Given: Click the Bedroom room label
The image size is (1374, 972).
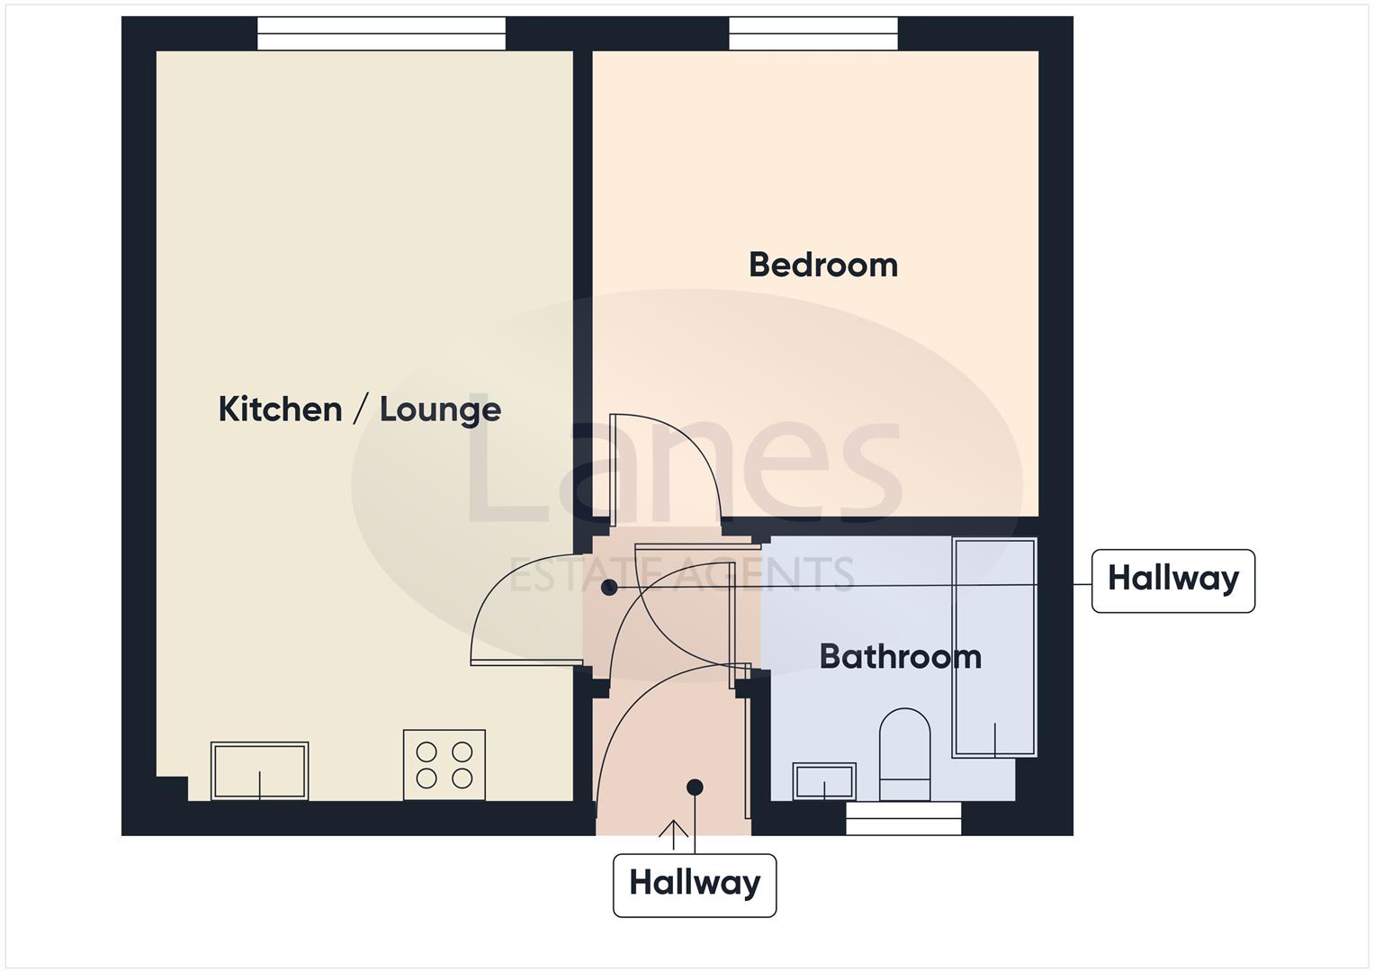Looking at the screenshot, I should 822,265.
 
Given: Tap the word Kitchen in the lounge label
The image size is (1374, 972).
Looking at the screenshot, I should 280,409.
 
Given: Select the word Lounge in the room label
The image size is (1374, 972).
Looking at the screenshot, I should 440,409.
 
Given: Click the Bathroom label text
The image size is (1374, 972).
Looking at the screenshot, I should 900,656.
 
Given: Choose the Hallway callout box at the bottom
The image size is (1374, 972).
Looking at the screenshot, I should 694,885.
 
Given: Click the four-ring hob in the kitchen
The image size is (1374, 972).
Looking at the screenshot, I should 445,764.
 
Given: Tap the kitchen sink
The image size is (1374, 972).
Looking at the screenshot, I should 259,770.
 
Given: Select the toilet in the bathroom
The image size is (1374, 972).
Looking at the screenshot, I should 904,753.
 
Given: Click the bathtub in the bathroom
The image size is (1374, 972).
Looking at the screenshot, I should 994,646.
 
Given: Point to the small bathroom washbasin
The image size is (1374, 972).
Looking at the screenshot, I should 823,780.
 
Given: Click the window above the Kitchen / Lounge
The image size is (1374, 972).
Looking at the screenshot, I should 382,34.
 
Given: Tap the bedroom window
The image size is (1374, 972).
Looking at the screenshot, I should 813,34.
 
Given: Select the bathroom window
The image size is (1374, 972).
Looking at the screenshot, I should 903,818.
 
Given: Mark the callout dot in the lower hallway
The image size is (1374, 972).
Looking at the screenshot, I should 695,787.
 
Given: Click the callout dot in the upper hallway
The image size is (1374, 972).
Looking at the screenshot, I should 609,588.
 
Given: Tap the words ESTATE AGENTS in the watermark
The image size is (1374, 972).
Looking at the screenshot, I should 681,574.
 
